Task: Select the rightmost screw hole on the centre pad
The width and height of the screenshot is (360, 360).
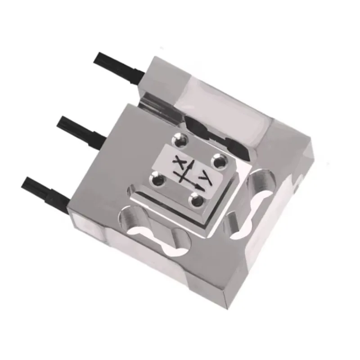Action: pyautogui.click(x=219, y=160)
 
